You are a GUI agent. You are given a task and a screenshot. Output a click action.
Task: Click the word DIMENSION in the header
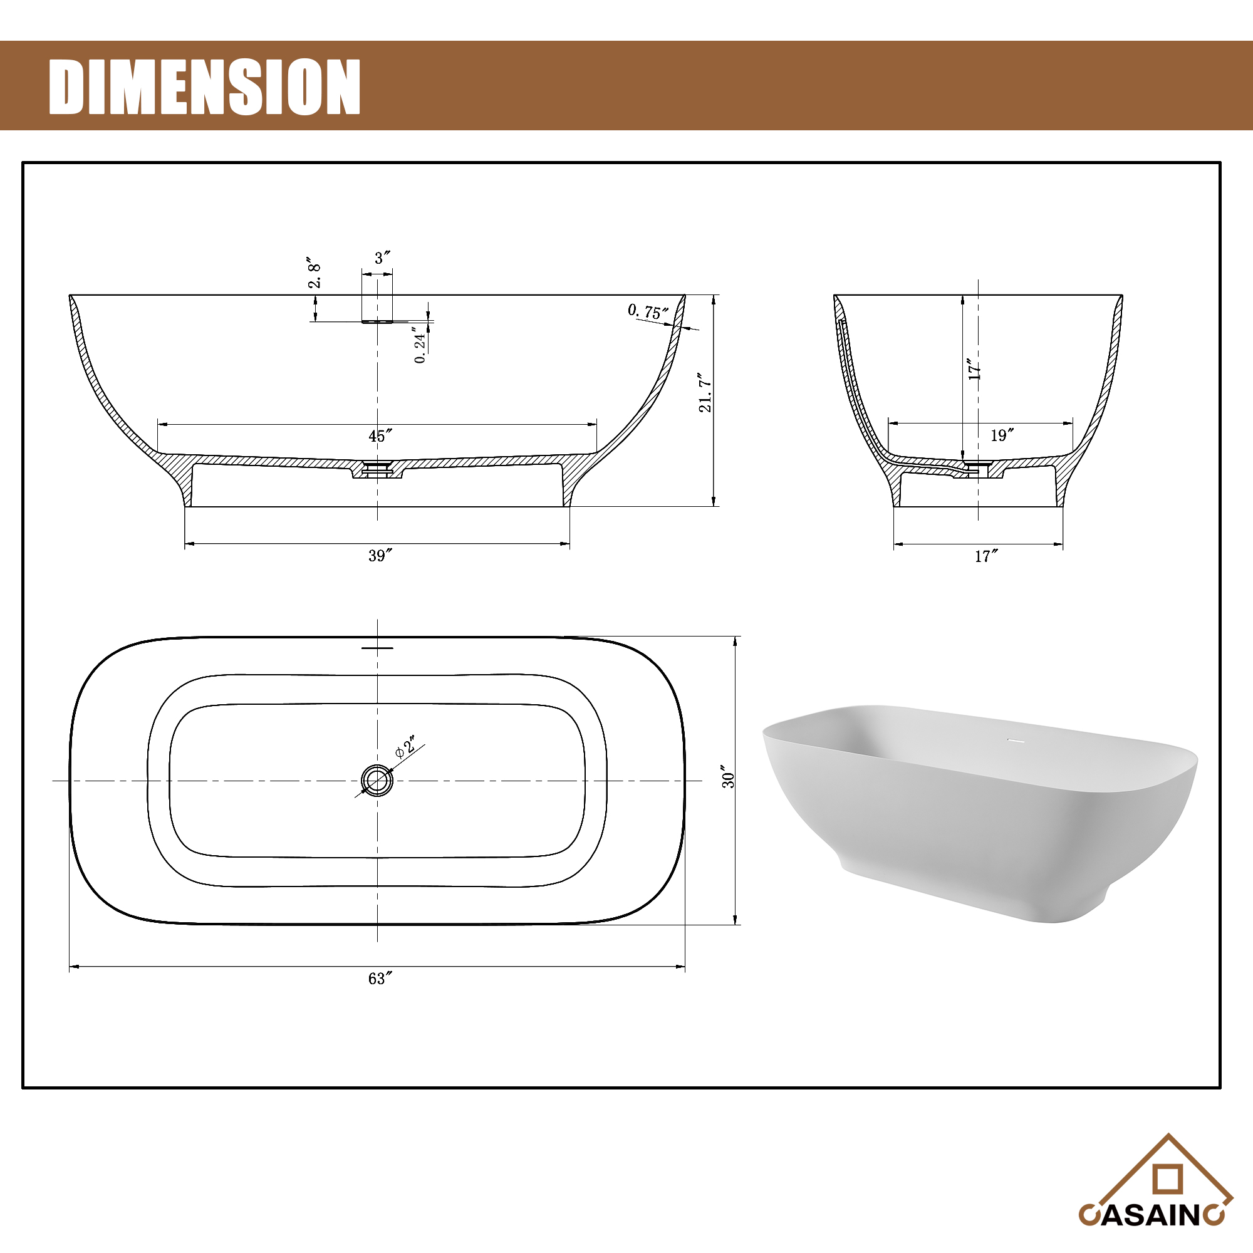point(204,87)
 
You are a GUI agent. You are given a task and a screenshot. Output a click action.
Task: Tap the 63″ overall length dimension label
point(380,979)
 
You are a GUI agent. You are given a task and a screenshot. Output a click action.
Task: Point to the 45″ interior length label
point(380,436)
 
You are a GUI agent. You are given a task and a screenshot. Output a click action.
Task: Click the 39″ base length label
point(380,556)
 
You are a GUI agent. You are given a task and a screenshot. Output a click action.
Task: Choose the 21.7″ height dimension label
point(705,392)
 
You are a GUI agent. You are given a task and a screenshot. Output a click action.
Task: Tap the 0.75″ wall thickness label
point(647,312)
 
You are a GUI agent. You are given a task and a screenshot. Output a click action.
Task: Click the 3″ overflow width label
point(382,258)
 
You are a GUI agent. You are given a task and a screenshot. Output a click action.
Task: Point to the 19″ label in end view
point(1001,435)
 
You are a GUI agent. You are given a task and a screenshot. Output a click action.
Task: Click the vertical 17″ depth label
point(974,369)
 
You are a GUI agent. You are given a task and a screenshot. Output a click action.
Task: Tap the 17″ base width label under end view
point(985,556)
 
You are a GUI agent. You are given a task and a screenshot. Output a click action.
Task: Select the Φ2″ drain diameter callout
point(406,747)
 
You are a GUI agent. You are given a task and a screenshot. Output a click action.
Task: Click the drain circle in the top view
point(377,780)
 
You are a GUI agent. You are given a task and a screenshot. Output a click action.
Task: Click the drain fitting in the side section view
point(377,467)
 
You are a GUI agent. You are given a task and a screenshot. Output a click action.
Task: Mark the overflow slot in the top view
point(377,647)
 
